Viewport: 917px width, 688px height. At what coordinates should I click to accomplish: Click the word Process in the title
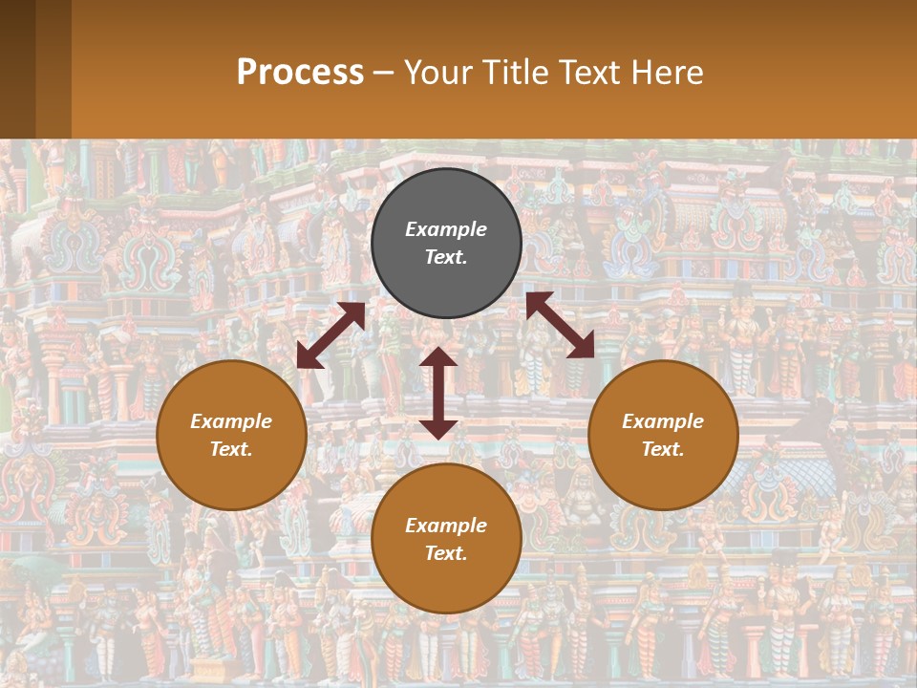300,73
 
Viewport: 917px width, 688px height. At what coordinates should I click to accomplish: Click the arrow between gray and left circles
331,335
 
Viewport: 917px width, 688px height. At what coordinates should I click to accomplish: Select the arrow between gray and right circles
560,325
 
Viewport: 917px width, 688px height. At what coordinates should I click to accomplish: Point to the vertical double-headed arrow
438,393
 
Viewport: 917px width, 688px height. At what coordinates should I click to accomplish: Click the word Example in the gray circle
446,229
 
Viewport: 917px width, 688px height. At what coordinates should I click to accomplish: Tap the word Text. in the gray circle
446,257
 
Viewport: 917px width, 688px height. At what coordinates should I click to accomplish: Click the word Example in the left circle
231,421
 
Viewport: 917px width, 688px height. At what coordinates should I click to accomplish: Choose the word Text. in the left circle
231,449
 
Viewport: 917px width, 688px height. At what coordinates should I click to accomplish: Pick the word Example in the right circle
663,421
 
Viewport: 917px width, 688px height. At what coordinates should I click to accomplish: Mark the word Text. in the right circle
663,449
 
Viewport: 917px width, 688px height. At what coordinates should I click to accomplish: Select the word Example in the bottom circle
446,526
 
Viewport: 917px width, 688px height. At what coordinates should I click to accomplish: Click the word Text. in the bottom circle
446,553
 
